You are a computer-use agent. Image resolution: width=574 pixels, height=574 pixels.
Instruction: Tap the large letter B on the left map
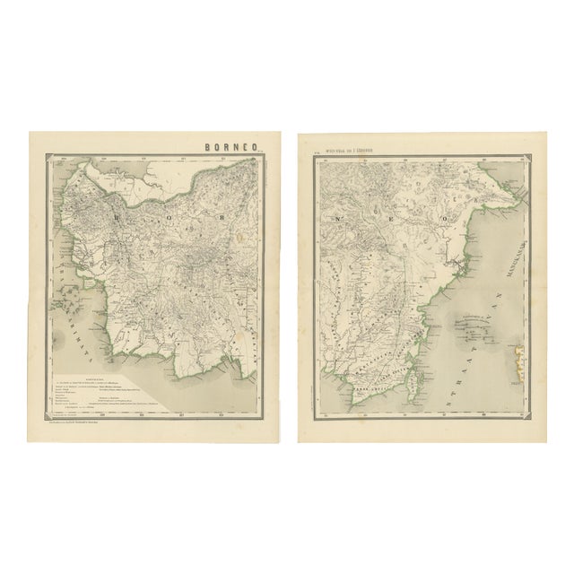[x=120, y=216]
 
